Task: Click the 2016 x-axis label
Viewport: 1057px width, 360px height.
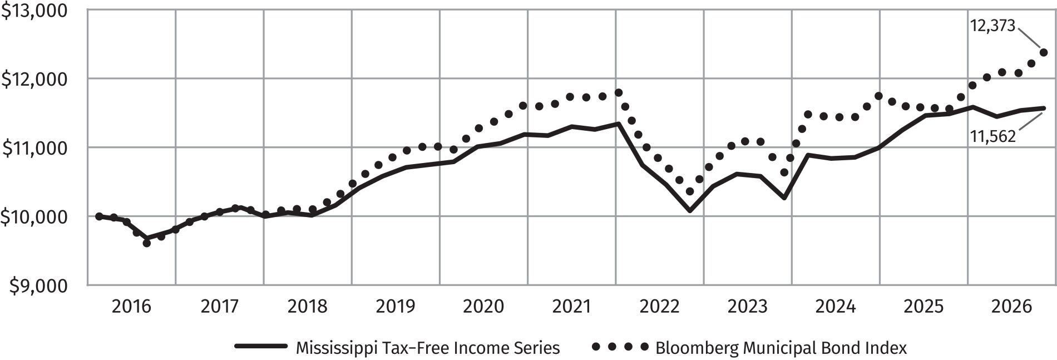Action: point(131,306)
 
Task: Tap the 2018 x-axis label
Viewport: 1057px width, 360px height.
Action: point(307,306)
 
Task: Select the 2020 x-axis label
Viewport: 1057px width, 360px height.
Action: point(483,306)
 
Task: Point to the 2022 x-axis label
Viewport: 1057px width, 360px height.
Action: point(660,306)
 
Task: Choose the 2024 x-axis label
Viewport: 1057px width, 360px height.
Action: point(836,306)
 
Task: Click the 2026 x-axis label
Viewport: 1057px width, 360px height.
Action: point(1012,306)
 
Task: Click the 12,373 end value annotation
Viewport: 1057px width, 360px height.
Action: point(993,26)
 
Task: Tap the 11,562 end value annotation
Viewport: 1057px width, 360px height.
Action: point(993,136)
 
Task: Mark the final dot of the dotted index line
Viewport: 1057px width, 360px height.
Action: point(1044,53)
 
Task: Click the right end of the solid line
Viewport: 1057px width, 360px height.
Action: point(1044,108)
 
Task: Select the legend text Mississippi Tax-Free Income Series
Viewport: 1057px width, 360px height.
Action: point(427,348)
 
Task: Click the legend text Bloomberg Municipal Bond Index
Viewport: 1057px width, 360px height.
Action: point(781,348)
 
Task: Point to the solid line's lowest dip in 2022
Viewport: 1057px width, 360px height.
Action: point(690,211)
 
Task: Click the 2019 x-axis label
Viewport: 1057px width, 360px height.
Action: point(396,306)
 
